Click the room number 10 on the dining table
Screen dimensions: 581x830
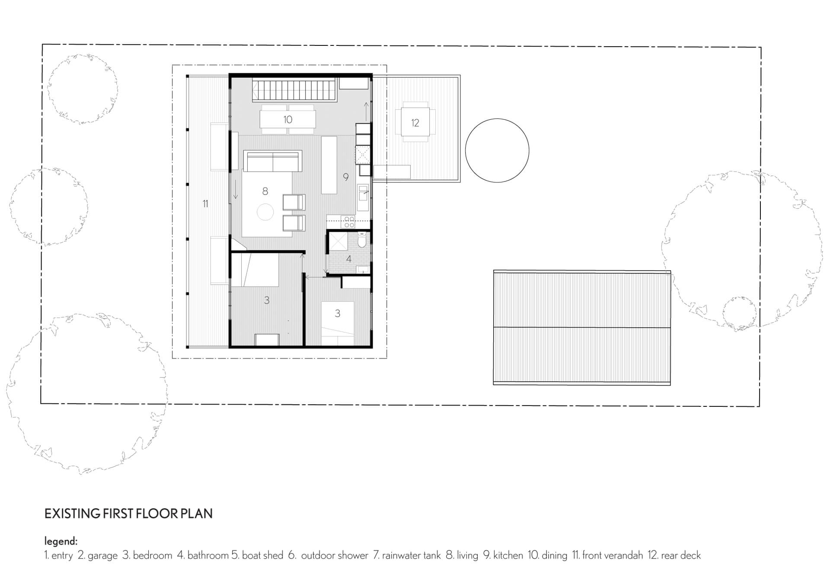click(288, 120)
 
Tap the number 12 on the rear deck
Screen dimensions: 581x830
click(415, 123)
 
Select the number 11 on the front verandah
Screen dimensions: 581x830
click(205, 204)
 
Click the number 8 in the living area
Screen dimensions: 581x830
click(265, 191)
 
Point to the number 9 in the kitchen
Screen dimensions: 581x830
click(346, 177)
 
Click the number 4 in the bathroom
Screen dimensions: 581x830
click(348, 259)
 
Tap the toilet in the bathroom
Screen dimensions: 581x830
click(362, 239)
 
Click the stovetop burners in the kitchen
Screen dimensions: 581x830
click(348, 222)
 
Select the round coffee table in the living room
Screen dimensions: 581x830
click(265, 212)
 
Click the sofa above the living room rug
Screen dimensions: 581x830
click(272, 162)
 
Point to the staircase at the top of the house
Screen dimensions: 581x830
click(294, 90)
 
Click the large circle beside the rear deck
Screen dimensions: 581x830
click(497, 150)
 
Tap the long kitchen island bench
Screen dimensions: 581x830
click(329, 165)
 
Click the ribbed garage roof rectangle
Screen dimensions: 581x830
click(582, 328)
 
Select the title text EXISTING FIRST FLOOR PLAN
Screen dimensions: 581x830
click(128, 514)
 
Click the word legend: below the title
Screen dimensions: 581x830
click(61, 541)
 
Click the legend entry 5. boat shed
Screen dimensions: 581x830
click(257, 555)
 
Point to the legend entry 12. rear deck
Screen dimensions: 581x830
click(674, 555)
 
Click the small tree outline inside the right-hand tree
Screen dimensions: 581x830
click(739, 312)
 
